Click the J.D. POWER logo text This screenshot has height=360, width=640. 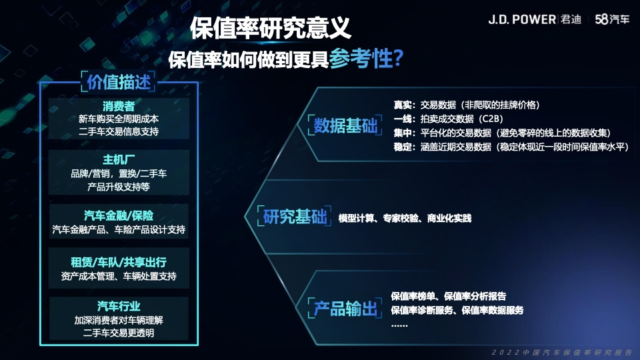tap(522, 19)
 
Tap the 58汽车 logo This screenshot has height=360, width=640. tap(612, 19)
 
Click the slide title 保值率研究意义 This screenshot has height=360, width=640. tap(270, 28)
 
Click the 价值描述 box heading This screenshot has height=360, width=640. tap(119, 82)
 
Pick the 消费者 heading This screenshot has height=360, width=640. tap(119, 107)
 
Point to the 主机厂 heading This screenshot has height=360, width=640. tap(119, 159)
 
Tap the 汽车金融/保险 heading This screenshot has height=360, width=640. tap(119, 215)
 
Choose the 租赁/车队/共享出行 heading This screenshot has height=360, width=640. tap(119, 262)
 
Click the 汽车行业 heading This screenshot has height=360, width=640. tap(119, 306)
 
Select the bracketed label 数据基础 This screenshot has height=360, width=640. tap(345, 125)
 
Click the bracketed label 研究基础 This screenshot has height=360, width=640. tap(295, 217)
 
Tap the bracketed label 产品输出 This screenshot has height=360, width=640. tap(345, 309)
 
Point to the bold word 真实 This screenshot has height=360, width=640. tap(403, 105)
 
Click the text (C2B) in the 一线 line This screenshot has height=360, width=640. tap(491, 119)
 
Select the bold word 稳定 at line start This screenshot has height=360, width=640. tap(403, 147)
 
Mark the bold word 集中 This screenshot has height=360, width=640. tap(403, 133)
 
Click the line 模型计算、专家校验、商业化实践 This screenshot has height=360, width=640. tap(405, 219)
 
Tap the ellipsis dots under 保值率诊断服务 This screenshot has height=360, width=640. tap(399, 325)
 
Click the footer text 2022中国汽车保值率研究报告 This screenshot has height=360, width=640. tap(562, 352)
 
